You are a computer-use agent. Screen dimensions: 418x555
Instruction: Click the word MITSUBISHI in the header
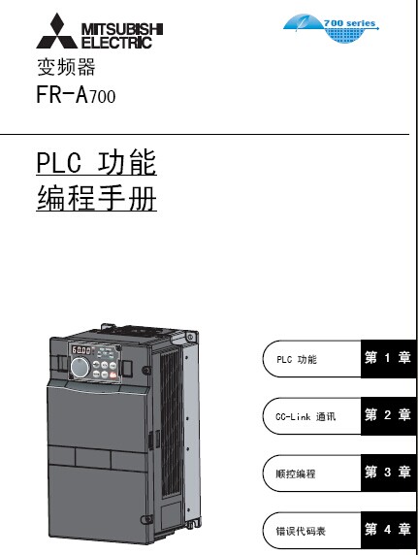[x=122, y=29]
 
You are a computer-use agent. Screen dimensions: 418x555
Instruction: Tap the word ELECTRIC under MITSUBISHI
[x=116, y=43]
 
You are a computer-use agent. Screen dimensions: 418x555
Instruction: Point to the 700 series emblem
[x=331, y=27]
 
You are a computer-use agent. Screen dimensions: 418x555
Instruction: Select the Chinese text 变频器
[x=66, y=67]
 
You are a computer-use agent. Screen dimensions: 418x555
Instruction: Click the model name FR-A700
[x=76, y=94]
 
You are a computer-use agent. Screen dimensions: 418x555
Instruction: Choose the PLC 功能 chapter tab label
[x=297, y=359]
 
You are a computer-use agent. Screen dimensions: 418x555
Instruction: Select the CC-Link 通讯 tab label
[x=305, y=416]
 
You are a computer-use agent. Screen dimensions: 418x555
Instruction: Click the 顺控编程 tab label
[x=296, y=473]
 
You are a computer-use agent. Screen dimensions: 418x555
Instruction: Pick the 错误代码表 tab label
[x=301, y=531]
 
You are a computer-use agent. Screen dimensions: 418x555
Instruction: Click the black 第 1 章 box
[x=388, y=359]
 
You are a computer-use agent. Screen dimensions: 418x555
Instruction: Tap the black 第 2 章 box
[x=388, y=416]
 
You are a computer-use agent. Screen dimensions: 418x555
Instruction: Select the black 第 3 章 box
[x=388, y=473]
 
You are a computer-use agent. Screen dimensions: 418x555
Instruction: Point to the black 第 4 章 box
[x=388, y=530]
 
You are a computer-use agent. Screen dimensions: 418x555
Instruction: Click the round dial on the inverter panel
[x=80, y=367]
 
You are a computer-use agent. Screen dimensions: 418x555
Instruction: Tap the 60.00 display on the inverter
[x=81, y=350]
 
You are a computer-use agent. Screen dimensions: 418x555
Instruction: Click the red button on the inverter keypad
[x=113, y=375]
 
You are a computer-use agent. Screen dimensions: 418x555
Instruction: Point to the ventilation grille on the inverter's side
[x=172, y=422]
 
